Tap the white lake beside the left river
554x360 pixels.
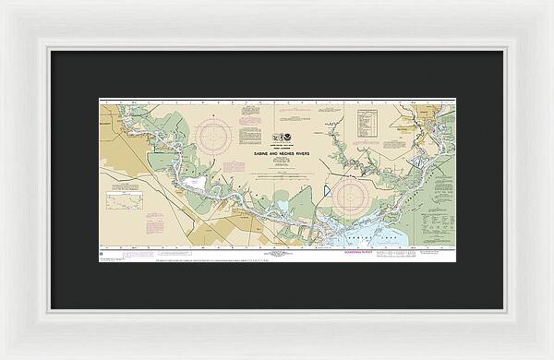(196, 184)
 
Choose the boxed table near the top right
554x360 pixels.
(367, 122)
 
